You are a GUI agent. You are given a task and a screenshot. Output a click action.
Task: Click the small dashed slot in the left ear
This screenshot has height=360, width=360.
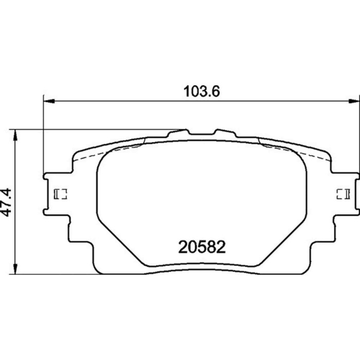tap(61, 194)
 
